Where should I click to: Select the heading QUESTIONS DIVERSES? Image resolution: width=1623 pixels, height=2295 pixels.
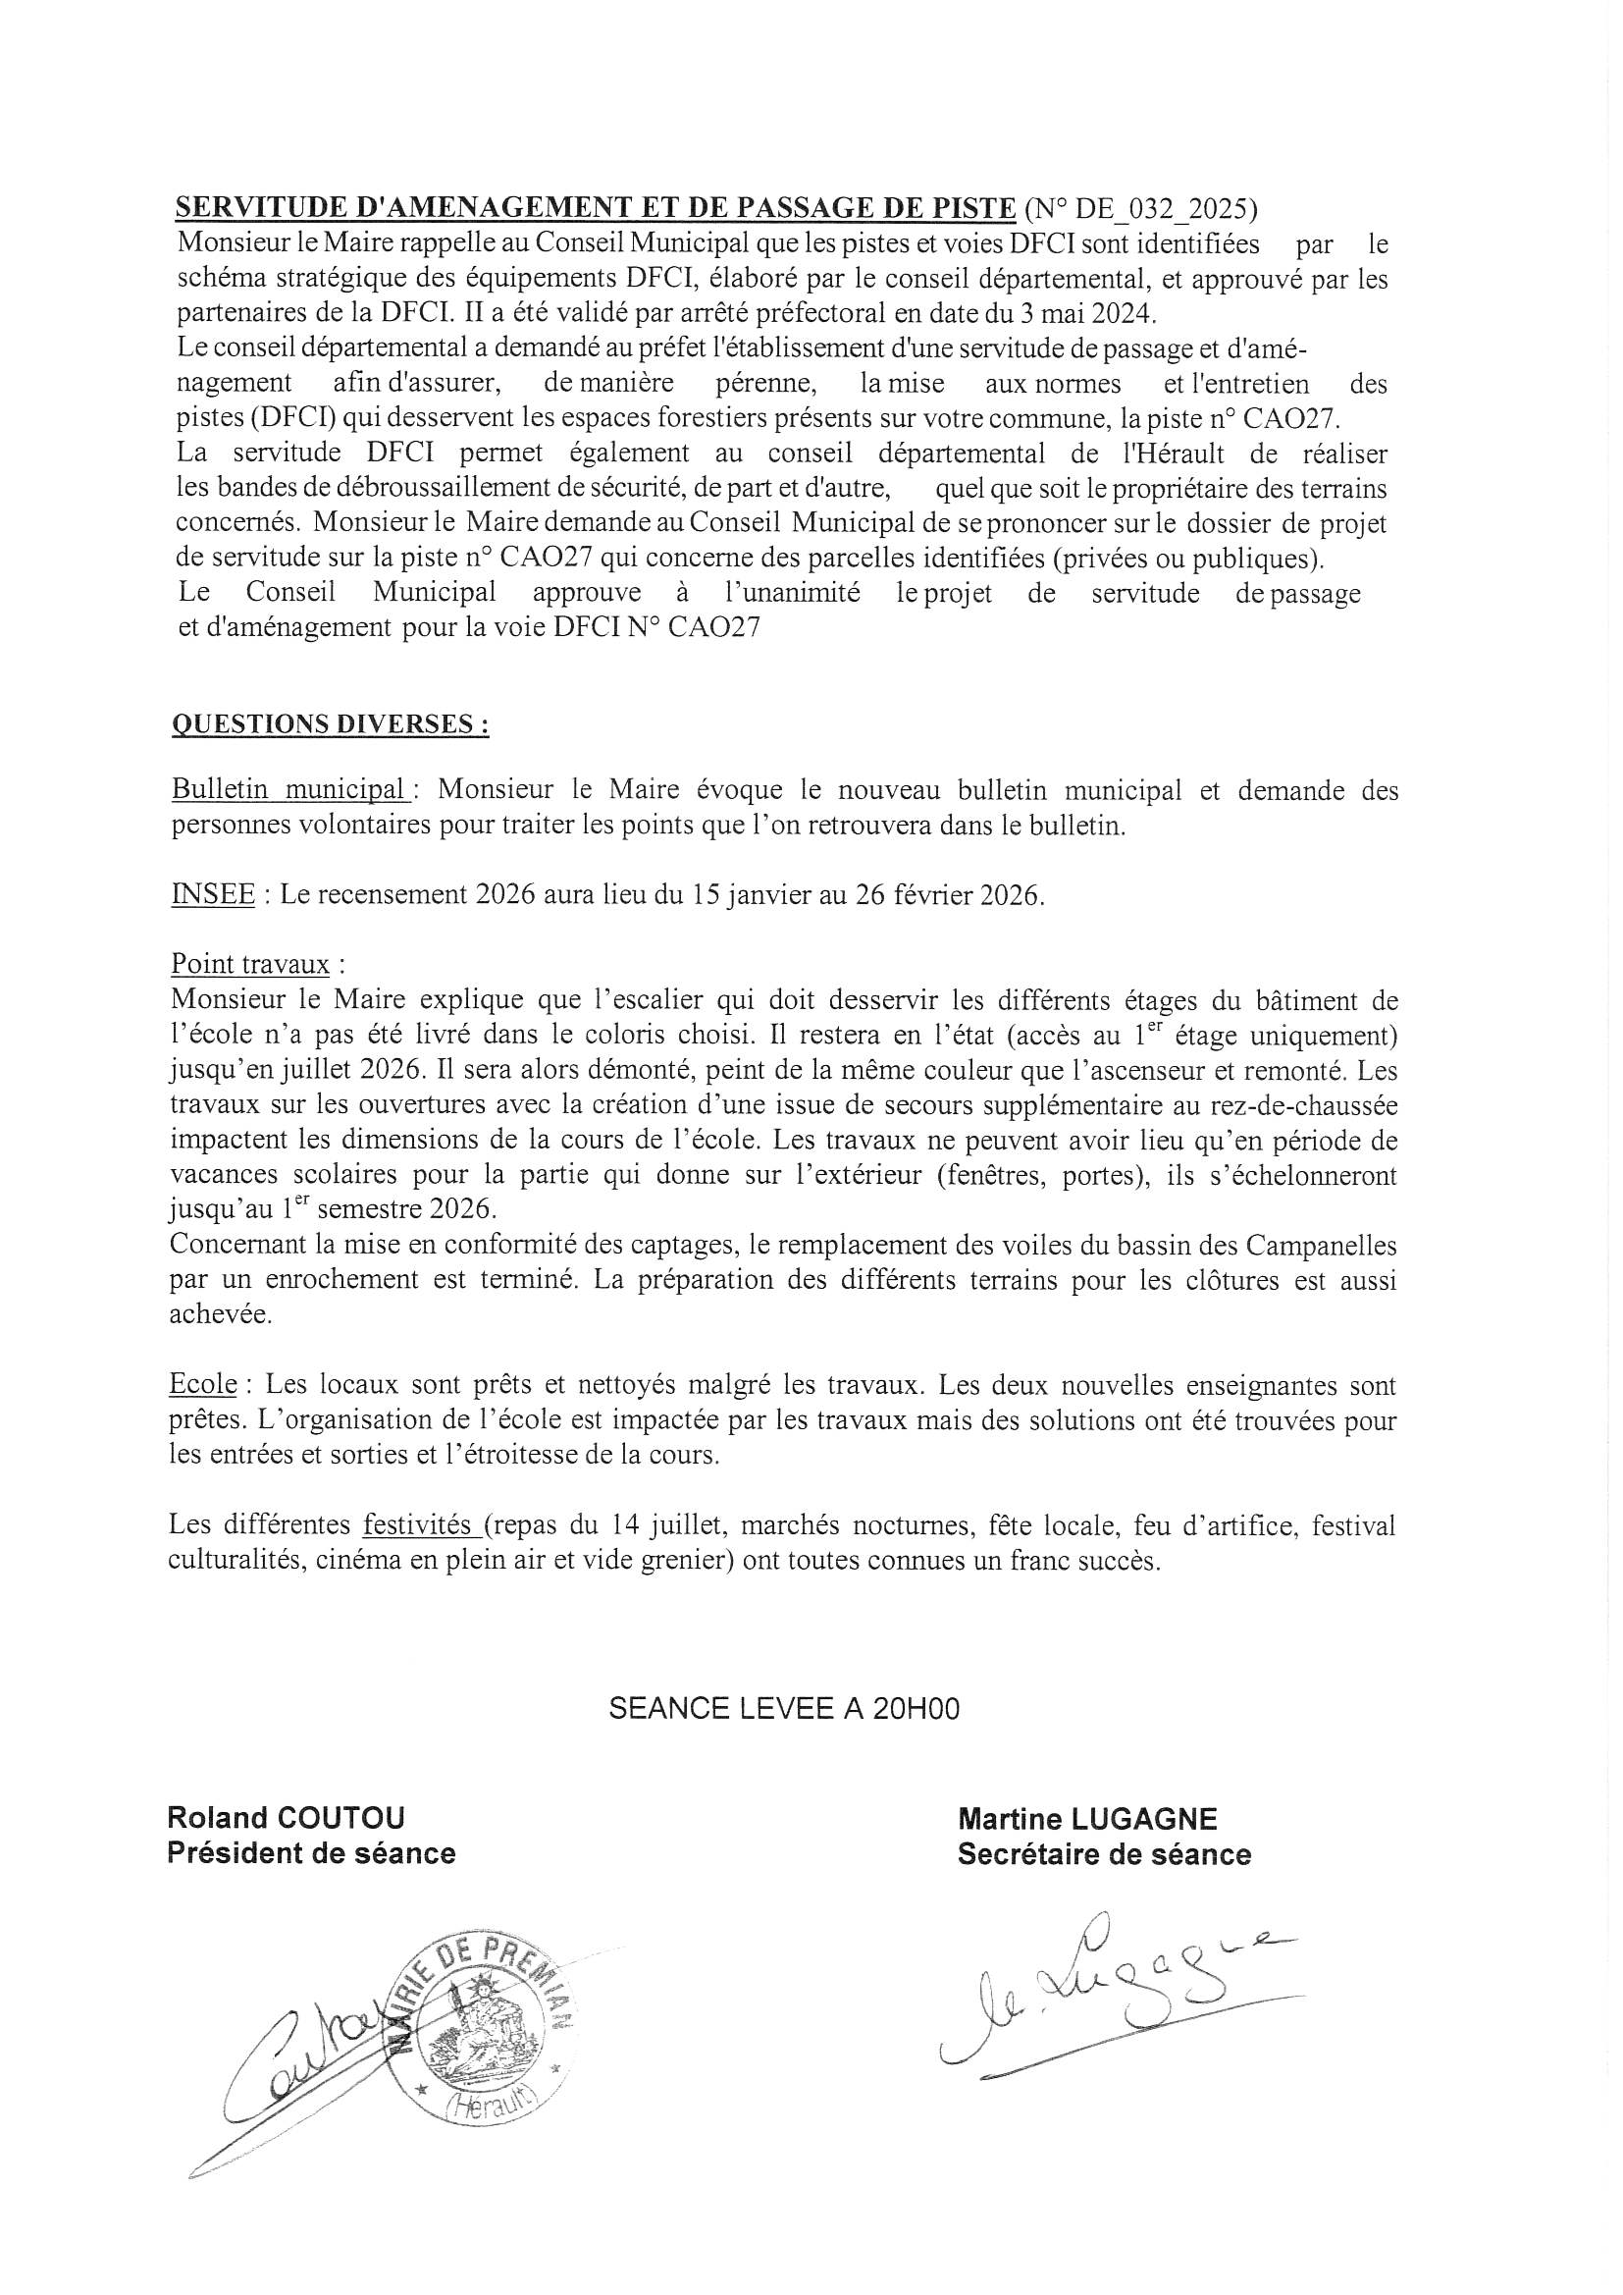331,724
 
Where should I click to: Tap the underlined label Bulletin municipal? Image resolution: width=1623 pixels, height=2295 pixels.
288,789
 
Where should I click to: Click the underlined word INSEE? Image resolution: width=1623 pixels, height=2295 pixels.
213,894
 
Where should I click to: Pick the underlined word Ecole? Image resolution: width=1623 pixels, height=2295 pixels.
204,1385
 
